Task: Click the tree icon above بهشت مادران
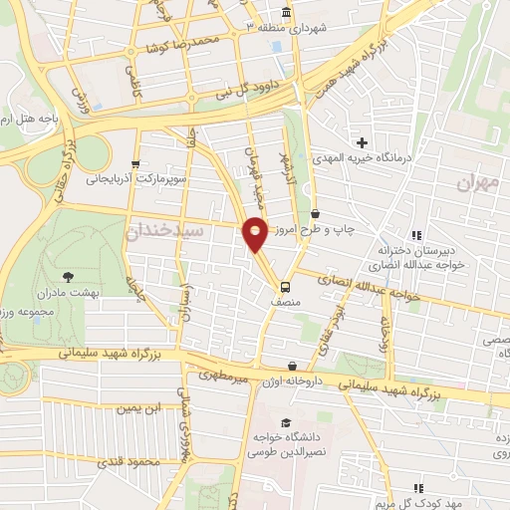click(x=68, y=277)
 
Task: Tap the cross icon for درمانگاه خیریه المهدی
click(x=363, y=142)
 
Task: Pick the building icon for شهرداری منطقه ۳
click(x=287, y=13)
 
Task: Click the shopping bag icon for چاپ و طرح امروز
click(x=316, y=213)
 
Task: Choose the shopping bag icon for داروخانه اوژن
click(x=291, y=366)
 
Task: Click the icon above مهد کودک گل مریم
click(x=419, y=487)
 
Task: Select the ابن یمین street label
click(x=138, y=408)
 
